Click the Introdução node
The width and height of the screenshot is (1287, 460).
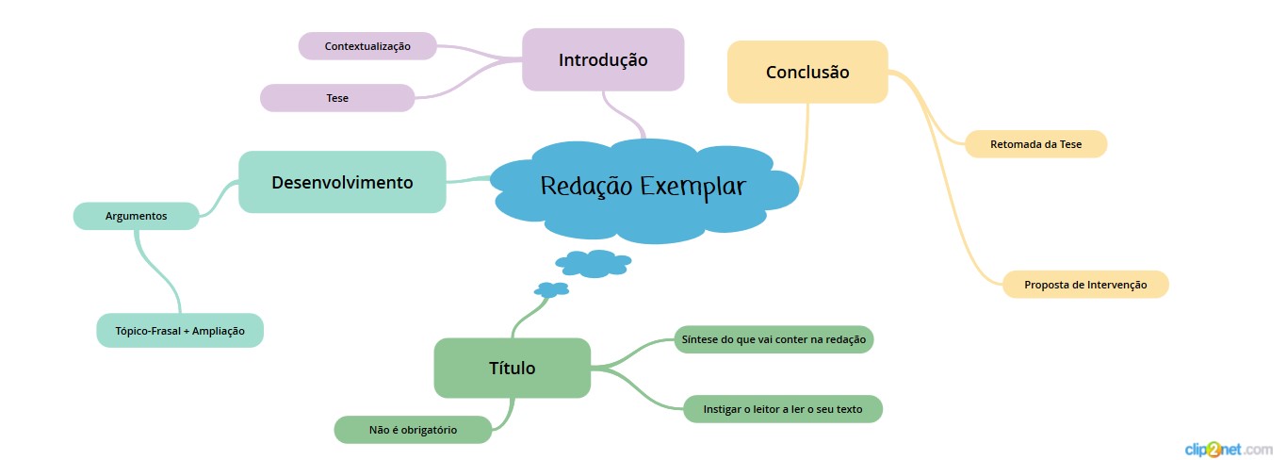coord(603,59)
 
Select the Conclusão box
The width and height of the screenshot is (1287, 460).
coord(807,72)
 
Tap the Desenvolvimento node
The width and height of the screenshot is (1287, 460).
coord(342,182)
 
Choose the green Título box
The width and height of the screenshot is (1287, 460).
coord(512,368)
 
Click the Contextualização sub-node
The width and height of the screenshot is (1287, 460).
coord(367,45)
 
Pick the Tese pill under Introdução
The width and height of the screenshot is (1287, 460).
coord(337,98)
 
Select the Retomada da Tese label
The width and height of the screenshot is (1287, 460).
coord(1035,144)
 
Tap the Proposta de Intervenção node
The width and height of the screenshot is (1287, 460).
coord(1085,285)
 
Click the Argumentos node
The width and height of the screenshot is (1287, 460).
coord(137,216)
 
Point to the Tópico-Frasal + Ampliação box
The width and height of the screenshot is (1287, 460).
coord(180,331)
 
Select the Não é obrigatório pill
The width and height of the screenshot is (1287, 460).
coord(413,430)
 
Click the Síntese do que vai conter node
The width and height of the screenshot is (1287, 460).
coord(773,339)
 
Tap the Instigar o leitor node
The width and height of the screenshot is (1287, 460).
coord(782,409)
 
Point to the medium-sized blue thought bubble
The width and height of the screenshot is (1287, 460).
coord(594,263)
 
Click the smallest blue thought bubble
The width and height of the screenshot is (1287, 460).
coord(552,289)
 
